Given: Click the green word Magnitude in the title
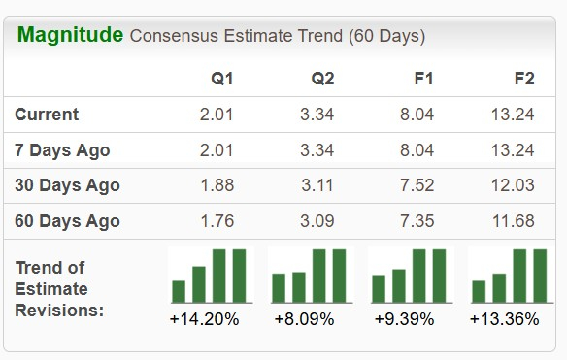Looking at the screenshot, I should pyautogui.click(x=70, y=36).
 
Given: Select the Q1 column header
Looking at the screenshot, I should pyautogui.click(x=221, y=79).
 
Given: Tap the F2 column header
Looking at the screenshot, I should pyautogui.click(x=523, y=79).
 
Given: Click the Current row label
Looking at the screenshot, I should pyautogui.click(x=47, y=115).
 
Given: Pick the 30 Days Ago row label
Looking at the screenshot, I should pyautogui.click(x=67, y=185).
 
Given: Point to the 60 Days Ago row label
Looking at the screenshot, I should pyautogui.click(x=67, y=221).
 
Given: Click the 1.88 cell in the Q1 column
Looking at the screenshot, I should pyautogui.click(x=217, y=185).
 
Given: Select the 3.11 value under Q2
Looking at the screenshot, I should pyautogui.click(x=317, y=185).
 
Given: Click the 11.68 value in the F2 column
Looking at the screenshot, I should pyautogui.click(x=514, y=221).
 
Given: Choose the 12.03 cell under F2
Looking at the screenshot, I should pyautogui.click(x=514, y=185).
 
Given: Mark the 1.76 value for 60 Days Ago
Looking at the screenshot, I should pyautogui.click(x=217, y=221).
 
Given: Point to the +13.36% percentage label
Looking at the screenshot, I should pyautogui.click(x=506, y=318).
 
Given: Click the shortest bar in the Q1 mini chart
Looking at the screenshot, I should pyautogui.click(x=179, y=291).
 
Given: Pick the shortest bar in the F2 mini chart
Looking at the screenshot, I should pyautogui.click(x=479, y=291).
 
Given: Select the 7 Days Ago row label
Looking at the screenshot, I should pyautogui.click(x=62, y=150).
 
